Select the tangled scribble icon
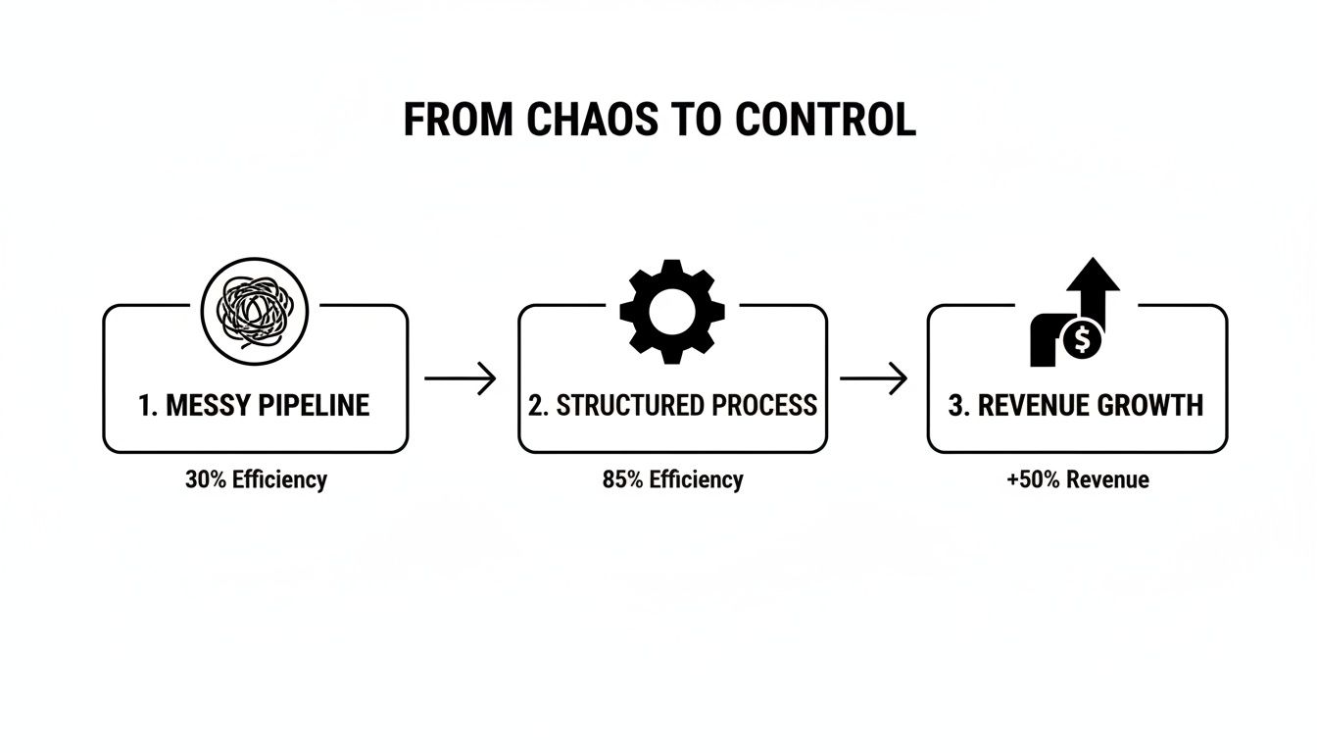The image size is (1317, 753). [255, 310]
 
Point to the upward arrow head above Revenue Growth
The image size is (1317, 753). [1093, 276]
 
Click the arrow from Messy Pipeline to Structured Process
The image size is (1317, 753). [461, 377]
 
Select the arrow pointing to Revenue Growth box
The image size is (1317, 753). [874, 377]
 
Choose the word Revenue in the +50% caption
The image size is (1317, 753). [1107, 480]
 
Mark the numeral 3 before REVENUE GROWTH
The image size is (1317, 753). [955, 406]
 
